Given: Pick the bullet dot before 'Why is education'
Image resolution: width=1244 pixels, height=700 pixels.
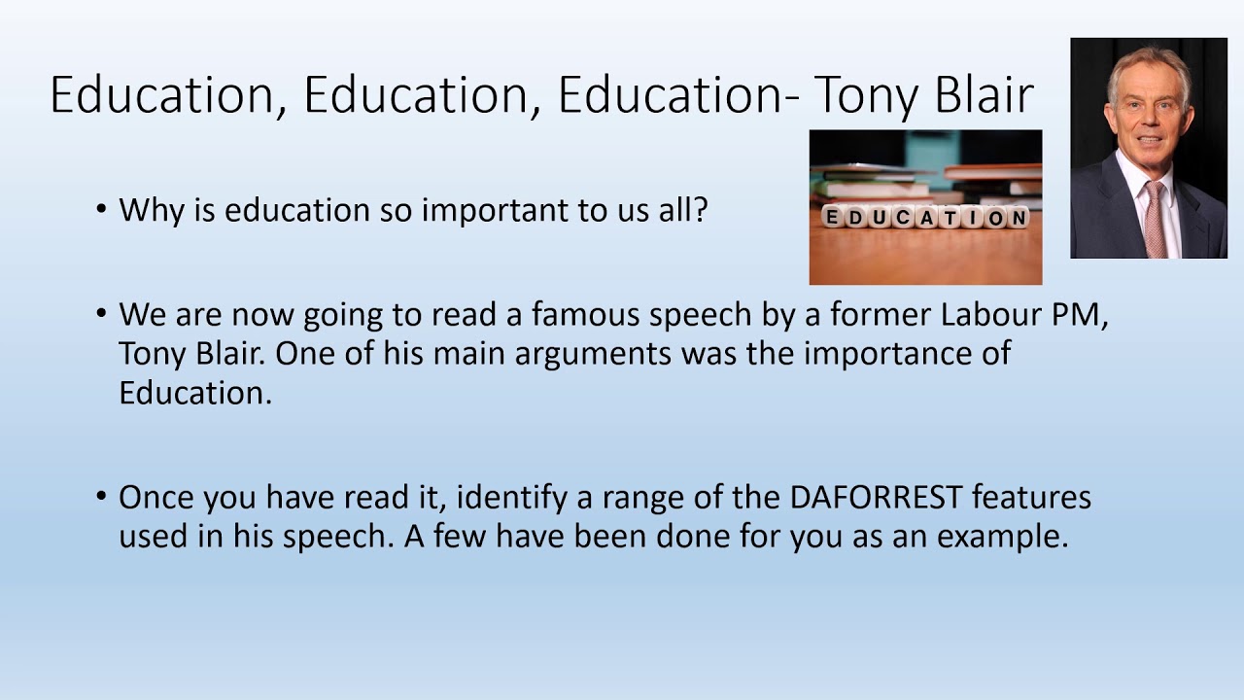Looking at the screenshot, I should [102, 210].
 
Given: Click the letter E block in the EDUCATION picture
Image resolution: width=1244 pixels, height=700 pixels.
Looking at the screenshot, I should [833, 217].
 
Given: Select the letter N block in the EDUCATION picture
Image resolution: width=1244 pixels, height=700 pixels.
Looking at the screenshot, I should [1018, 217].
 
